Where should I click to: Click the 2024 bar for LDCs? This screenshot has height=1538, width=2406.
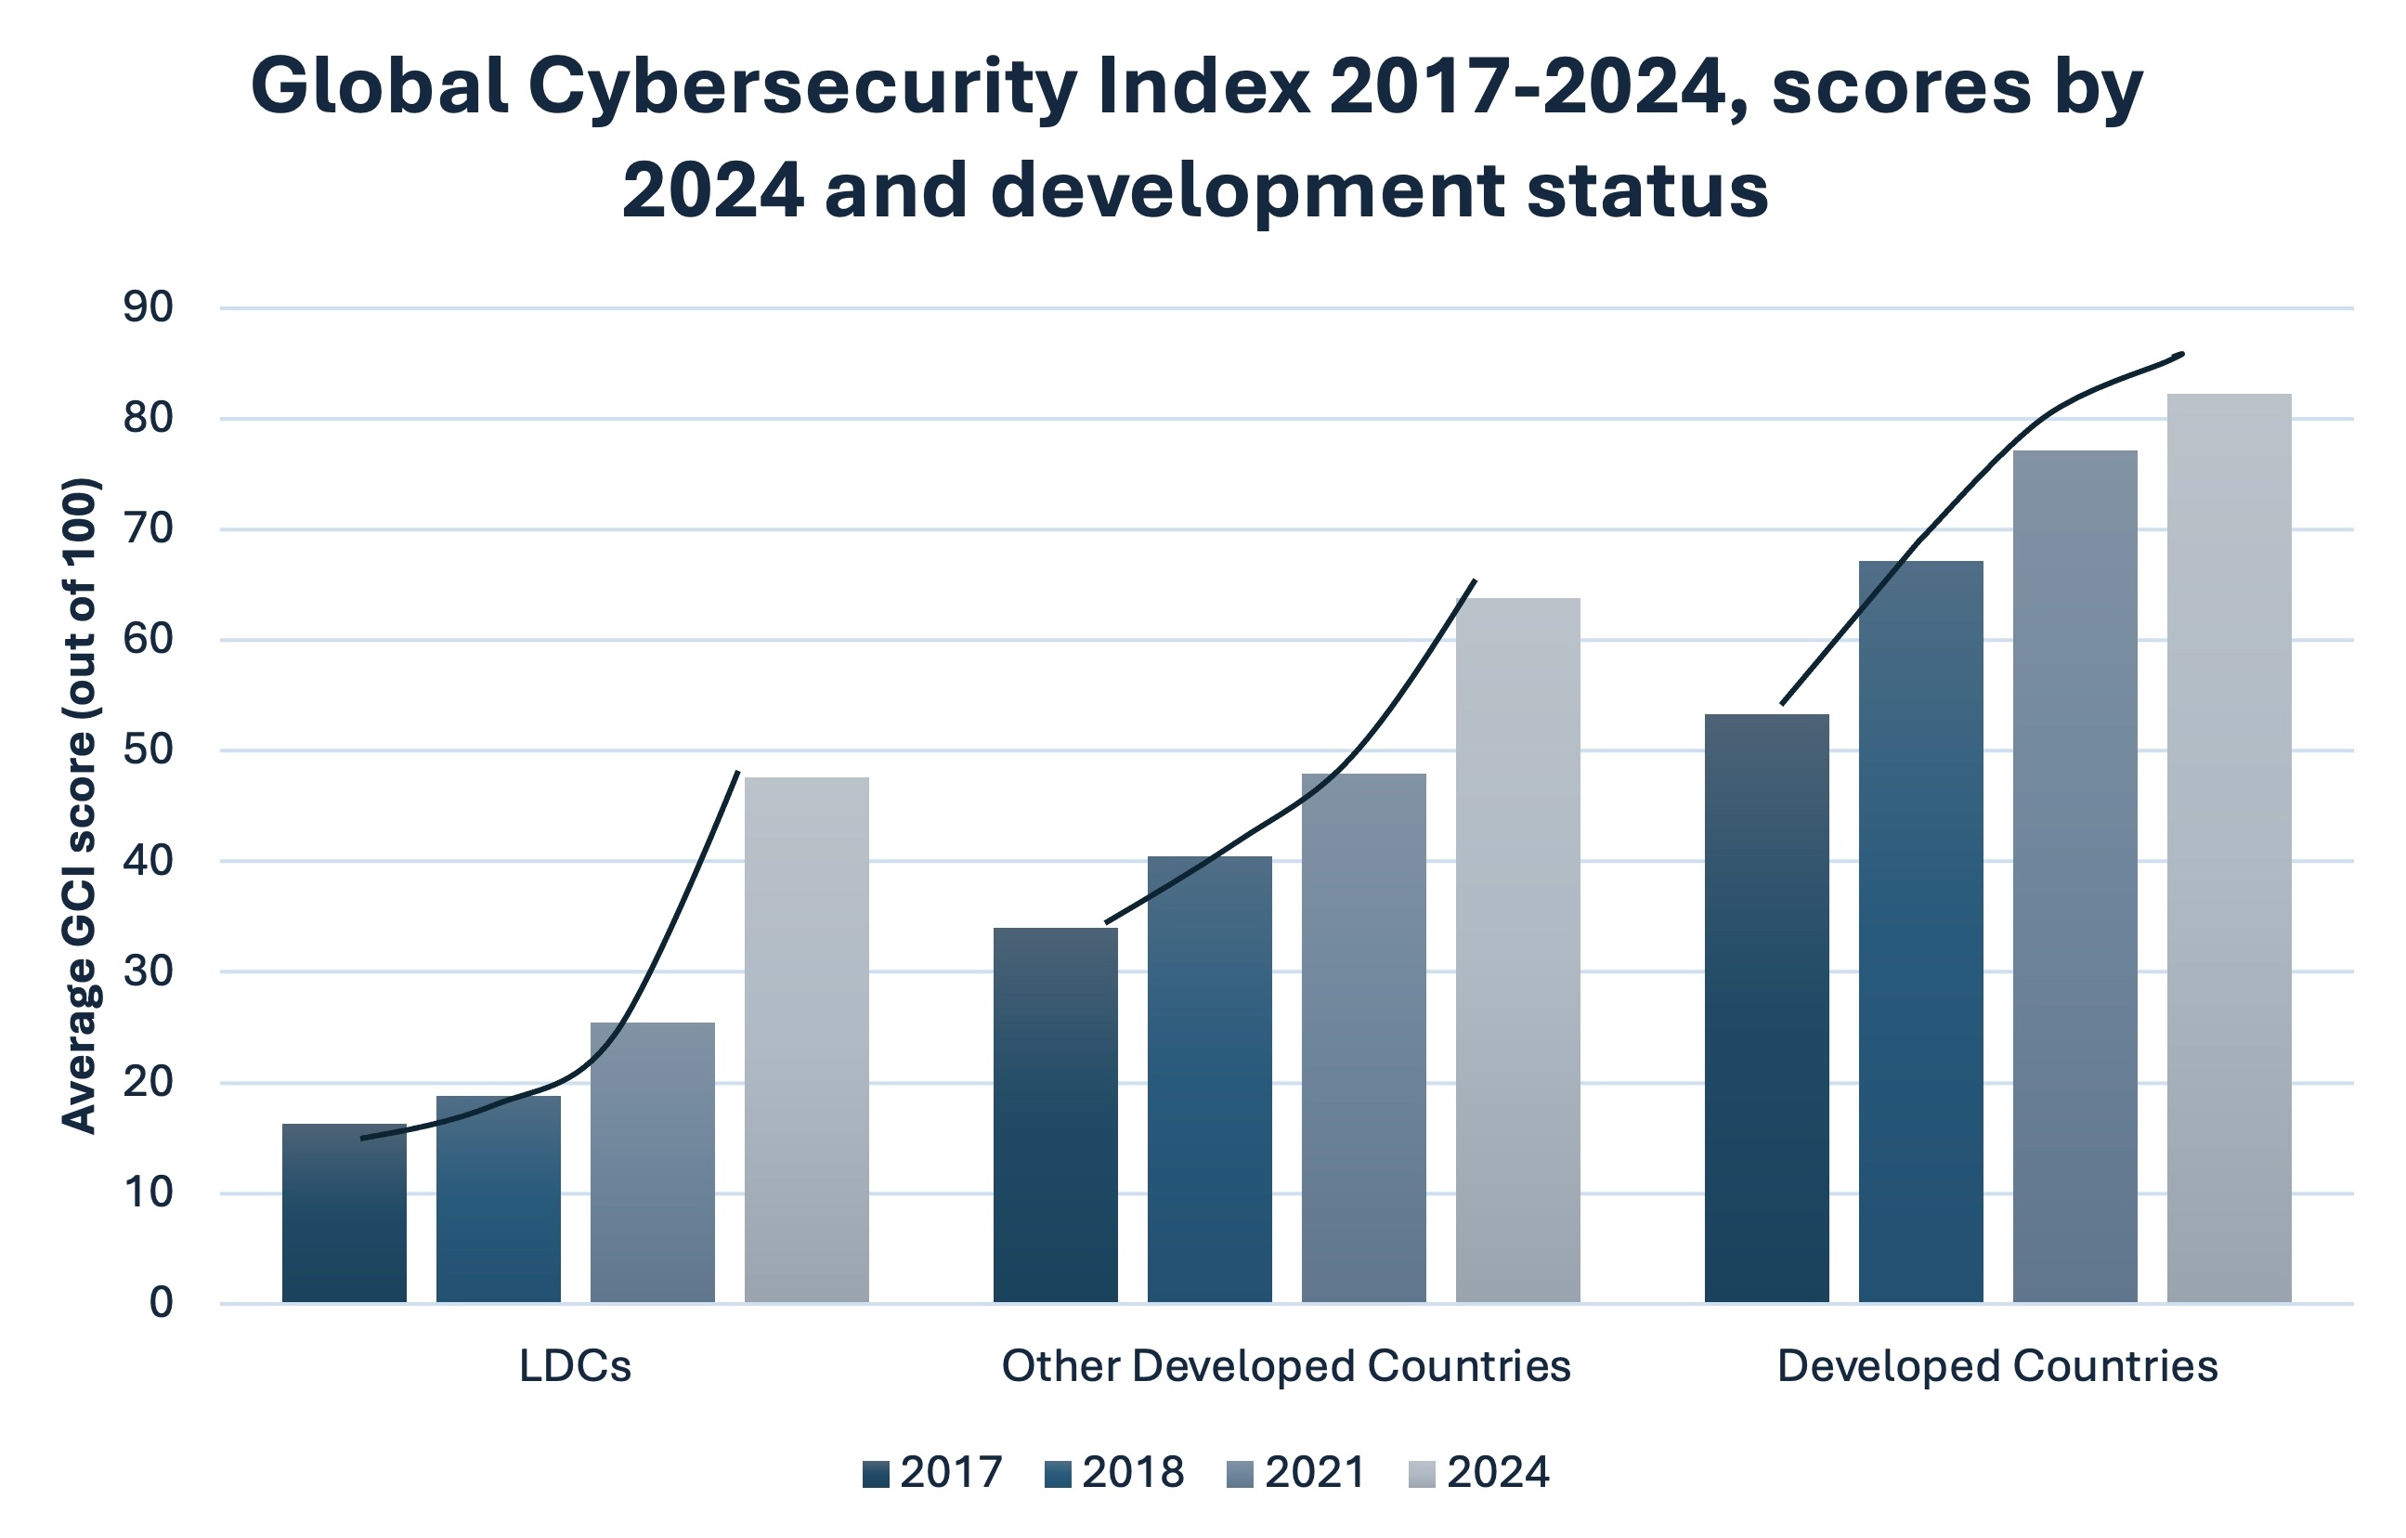(x=806, y=1039)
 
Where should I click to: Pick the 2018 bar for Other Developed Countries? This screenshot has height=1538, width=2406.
(x=1209, y=1079)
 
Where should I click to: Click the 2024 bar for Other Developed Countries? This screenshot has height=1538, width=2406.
(x=1517, y=949)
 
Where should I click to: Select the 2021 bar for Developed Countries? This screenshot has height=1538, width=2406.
(x=2075, y=876)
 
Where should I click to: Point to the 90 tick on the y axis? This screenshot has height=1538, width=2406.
(x=148, y=307)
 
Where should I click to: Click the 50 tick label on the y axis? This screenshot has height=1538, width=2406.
(x=148, y=750)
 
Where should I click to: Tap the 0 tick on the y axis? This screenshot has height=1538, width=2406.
(x=161, y=1303)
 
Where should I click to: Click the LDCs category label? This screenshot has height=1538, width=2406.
(x=576, y=1366)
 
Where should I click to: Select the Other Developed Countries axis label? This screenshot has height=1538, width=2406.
(x=1286, y=1366)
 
